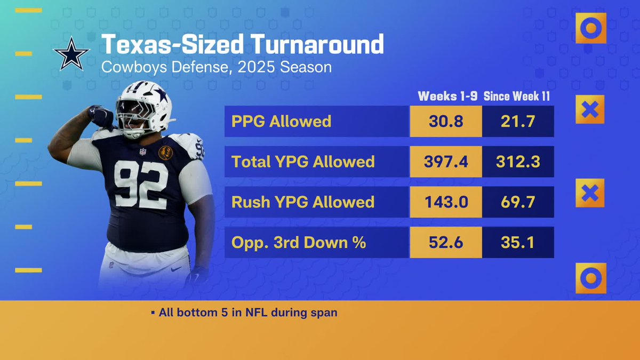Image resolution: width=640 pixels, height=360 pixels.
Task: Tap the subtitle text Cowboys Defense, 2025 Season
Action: tap(217, 68)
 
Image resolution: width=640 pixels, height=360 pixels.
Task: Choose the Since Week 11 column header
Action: tap(517, 97)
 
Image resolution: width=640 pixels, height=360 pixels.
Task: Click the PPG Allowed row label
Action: tap(281, 121)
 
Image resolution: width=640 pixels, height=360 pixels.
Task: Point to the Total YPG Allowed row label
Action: tap(303, 162)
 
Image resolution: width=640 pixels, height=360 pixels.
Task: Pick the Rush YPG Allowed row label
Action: tap(303, 202)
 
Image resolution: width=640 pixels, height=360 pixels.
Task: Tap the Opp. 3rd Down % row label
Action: tap(299, 242)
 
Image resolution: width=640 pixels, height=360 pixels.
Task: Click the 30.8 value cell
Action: tap(446, 121)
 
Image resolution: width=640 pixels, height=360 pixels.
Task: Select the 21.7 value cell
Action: tap(518, 121)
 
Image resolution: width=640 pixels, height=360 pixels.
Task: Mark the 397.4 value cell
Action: tap(446, 162)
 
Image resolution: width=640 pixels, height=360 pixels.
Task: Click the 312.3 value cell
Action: tap(518, 162)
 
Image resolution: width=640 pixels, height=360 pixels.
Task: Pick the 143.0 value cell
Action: tap(446, 202)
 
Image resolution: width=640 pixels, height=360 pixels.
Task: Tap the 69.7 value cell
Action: tap(518, 202)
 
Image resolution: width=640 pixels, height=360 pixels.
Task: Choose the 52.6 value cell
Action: tap(446, 242)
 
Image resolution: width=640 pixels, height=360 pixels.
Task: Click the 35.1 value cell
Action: tap(518, 242)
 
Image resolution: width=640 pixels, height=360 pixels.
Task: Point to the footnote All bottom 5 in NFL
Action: tap(247, 313)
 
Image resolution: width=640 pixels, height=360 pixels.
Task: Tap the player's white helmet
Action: tap(144, 104)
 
